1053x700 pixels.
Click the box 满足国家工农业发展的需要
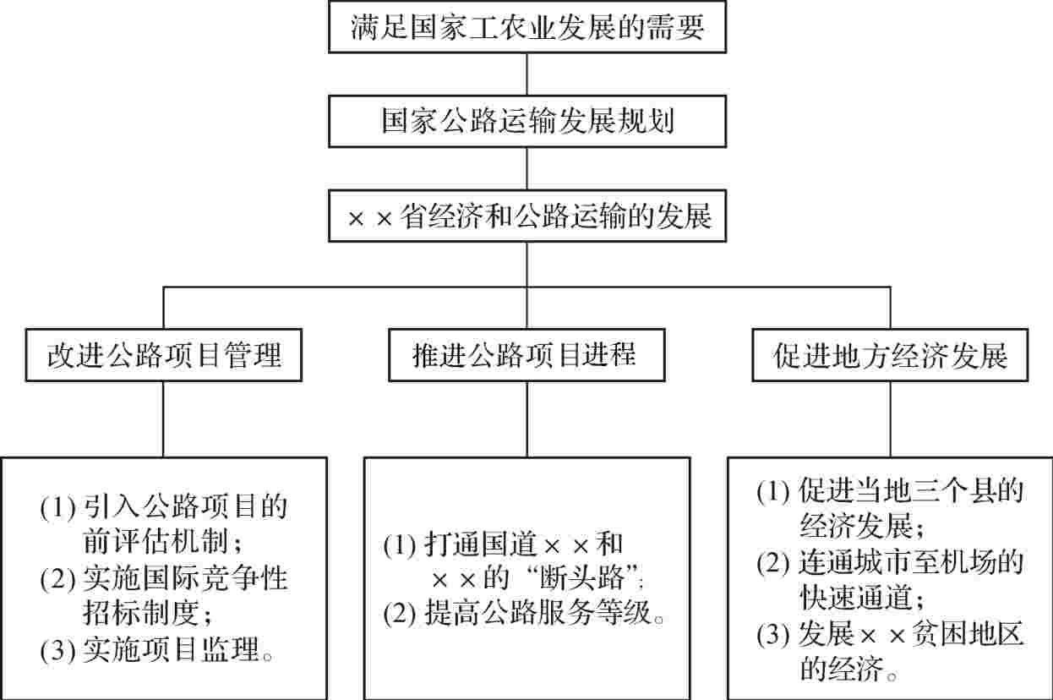(x=526, y=28)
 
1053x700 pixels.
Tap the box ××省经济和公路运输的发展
(x=526, y=217)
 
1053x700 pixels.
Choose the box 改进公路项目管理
(x=163, y=356)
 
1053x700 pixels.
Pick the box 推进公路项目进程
(x=526, y=356)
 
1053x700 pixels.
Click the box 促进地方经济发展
(x=891, y=356)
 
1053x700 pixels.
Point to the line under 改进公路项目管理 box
(x=163, y=418)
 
